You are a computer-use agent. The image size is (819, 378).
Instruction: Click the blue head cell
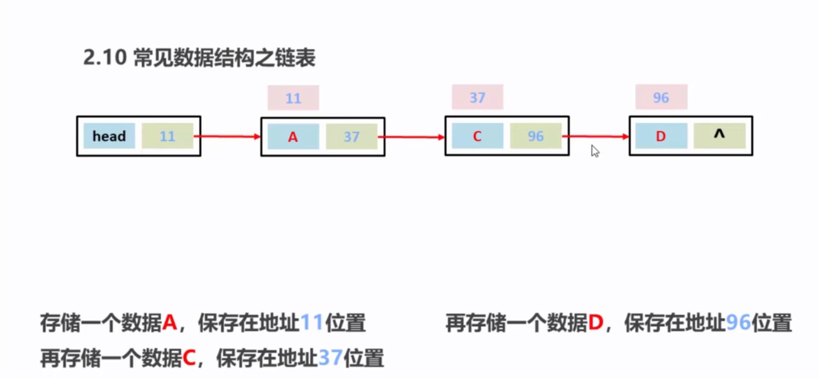(109, 136)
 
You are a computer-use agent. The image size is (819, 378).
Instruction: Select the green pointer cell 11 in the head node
(167, 136)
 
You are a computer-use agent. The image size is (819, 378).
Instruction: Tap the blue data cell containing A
(293, 136)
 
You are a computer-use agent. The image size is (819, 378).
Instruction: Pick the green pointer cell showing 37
(351, 136)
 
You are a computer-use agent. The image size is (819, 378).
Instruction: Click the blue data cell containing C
(477, 136)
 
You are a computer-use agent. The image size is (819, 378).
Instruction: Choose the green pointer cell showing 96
(535, 136)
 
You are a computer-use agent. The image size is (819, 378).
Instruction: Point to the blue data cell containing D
(661, 136)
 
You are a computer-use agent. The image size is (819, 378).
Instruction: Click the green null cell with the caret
(719, 136)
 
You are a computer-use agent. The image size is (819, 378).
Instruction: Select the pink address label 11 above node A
(293, 98)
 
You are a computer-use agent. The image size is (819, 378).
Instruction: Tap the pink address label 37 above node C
(477, 97)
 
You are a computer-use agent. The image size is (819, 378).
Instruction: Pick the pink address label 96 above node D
(661, 97)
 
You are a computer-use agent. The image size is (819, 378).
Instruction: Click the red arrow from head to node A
(228, 136)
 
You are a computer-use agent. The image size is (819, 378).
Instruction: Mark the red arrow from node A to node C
(412, 137)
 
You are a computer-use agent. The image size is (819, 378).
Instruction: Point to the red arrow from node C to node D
(596, 136)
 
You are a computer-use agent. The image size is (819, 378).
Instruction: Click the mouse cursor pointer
(595, 151)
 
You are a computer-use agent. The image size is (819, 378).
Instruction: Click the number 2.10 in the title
(105, 57)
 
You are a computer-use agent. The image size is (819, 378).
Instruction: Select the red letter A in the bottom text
(169, 323)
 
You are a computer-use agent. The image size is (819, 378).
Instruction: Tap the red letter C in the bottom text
(189, 358)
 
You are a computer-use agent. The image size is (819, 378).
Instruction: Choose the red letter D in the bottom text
(595, 323)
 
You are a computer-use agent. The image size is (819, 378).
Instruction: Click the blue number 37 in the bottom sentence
(330, 358)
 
